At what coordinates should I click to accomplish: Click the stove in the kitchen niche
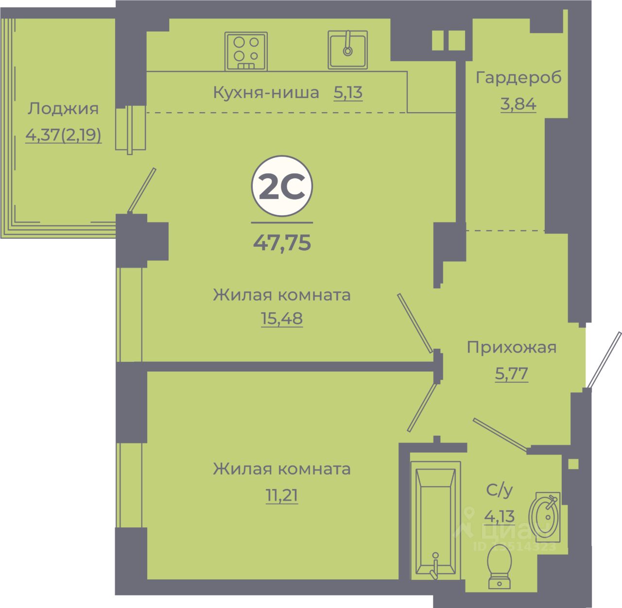(246, 51)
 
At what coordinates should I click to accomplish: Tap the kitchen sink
(347, 50)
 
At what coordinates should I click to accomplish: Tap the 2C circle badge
(282, 187)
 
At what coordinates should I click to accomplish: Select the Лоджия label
(63, 109)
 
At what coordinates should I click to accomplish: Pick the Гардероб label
(518, 78)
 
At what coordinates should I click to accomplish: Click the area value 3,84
(518, 104)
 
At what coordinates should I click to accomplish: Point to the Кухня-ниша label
(266, 92)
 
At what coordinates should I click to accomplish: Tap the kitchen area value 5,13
(348, 92)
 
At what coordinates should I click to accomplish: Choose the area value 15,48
(282, 319)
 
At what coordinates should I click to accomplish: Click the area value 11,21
(282, 496)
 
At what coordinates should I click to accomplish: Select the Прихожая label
(512, 348)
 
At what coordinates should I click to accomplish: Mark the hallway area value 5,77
(512, 374)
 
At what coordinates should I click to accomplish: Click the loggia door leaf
(142, 190)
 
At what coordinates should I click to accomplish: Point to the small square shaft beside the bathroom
(573, 463)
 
